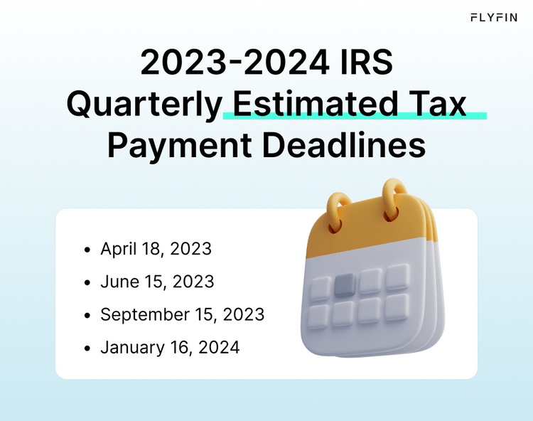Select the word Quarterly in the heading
tap(144, 105)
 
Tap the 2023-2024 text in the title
tap(230, 63)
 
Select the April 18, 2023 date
tap(156, 249)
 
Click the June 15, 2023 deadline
tap(157, 282)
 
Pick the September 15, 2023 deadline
tap(182, 314)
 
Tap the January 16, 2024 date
tap(170, 348)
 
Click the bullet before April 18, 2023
tap(87, 250)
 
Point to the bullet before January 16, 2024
tap(87, 348)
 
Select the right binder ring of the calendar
tap(395, 196)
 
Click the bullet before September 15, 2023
tap(87, 315)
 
